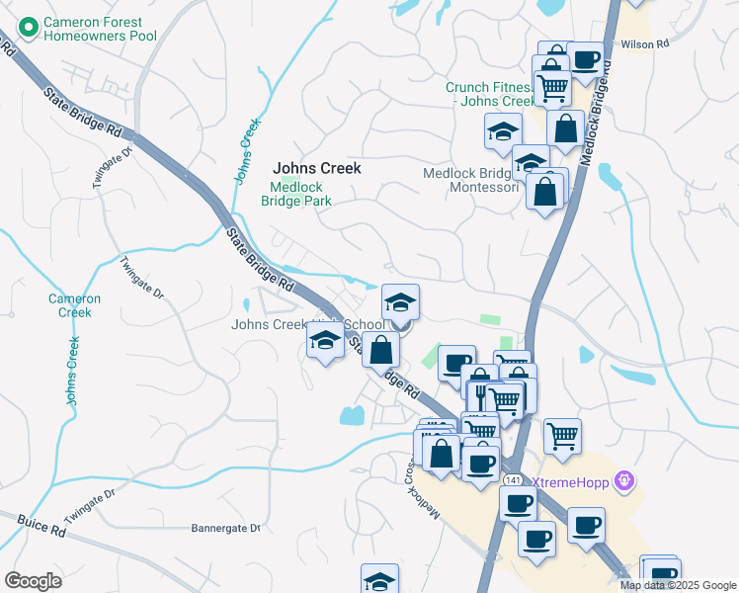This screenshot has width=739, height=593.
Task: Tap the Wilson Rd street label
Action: tap(645, 44)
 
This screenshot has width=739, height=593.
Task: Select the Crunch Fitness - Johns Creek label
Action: tap(489, 94)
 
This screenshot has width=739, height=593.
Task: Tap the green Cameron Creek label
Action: tap(74, 305)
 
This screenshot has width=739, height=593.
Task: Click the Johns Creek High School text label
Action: tap(307, 324)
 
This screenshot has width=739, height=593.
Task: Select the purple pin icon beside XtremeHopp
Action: tap(623, 481)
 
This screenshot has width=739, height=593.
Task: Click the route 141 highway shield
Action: tap(512, 479)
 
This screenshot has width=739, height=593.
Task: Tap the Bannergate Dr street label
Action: tap(225, 528)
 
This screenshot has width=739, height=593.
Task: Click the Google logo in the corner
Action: tap(33, 581)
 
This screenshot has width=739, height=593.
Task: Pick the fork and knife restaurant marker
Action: tap(480, 389)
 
